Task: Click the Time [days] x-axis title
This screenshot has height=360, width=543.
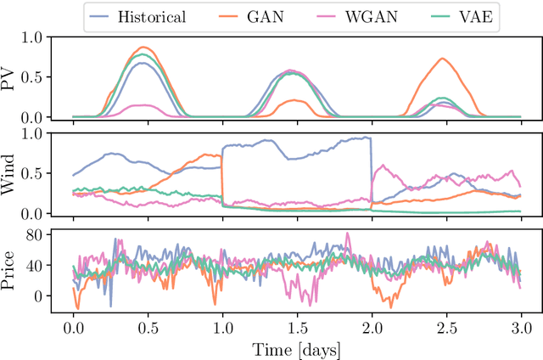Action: [x=297, y=348]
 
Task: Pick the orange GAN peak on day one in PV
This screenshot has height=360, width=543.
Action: [x=145, y=48]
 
